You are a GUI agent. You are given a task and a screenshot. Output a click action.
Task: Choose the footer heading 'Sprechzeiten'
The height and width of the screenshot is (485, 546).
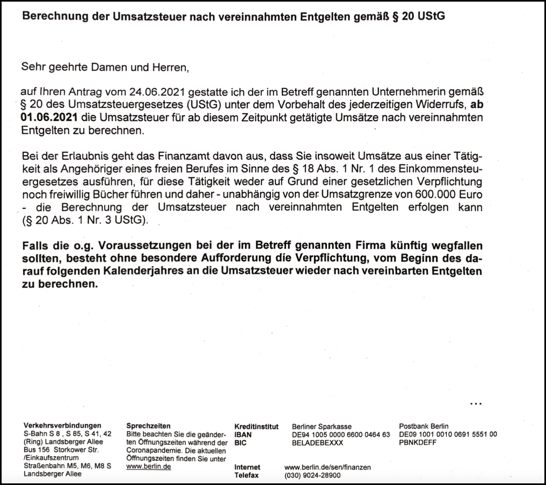point(144,426)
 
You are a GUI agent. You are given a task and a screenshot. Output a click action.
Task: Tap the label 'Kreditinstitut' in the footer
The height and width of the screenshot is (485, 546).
point(256,426)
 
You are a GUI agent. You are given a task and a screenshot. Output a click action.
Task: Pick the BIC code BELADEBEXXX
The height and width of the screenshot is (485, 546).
point(317,443)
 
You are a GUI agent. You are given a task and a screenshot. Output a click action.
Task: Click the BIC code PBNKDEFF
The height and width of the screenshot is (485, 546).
point(418,443)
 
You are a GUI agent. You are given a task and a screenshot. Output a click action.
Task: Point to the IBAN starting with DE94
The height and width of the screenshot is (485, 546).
point(340,435)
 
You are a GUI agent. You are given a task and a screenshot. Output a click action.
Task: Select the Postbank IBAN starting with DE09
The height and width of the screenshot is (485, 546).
point(448,435)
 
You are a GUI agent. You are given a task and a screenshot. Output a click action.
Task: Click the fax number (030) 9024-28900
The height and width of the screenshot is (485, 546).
point(312,475)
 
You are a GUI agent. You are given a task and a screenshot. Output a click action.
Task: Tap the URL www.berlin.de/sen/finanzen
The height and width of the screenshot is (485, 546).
point(327,467)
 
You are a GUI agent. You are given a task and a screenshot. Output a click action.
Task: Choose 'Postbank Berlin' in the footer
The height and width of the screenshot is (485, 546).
point(424,426)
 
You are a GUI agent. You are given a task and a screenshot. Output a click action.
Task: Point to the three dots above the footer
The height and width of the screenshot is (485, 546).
point(476,403)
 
